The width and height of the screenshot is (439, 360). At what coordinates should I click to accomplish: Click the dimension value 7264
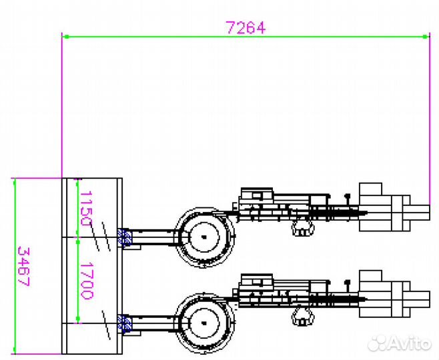coord(246,28)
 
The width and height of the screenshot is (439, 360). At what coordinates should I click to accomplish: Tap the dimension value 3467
coord(23,266)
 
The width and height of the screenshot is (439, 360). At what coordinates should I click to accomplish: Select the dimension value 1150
coord(86,208)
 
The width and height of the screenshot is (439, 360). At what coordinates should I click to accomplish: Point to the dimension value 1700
coord(87,281)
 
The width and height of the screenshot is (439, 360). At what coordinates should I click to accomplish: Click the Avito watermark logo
coord(399,343)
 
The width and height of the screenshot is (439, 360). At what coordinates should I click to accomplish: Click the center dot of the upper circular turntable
coord(204,237)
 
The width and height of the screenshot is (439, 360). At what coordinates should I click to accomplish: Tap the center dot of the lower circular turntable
coord(204,323)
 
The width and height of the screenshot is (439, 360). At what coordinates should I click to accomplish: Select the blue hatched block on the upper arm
coord(125,237)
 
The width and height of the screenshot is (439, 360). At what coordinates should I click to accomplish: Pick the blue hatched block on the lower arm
coord(125,323)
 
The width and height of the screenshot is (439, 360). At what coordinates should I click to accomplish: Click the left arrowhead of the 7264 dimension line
coord(65,37)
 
